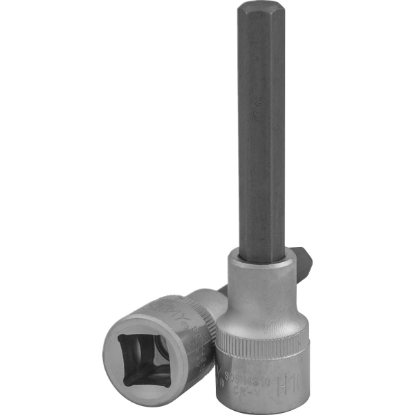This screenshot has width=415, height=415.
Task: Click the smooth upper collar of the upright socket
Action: click(264, 290)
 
